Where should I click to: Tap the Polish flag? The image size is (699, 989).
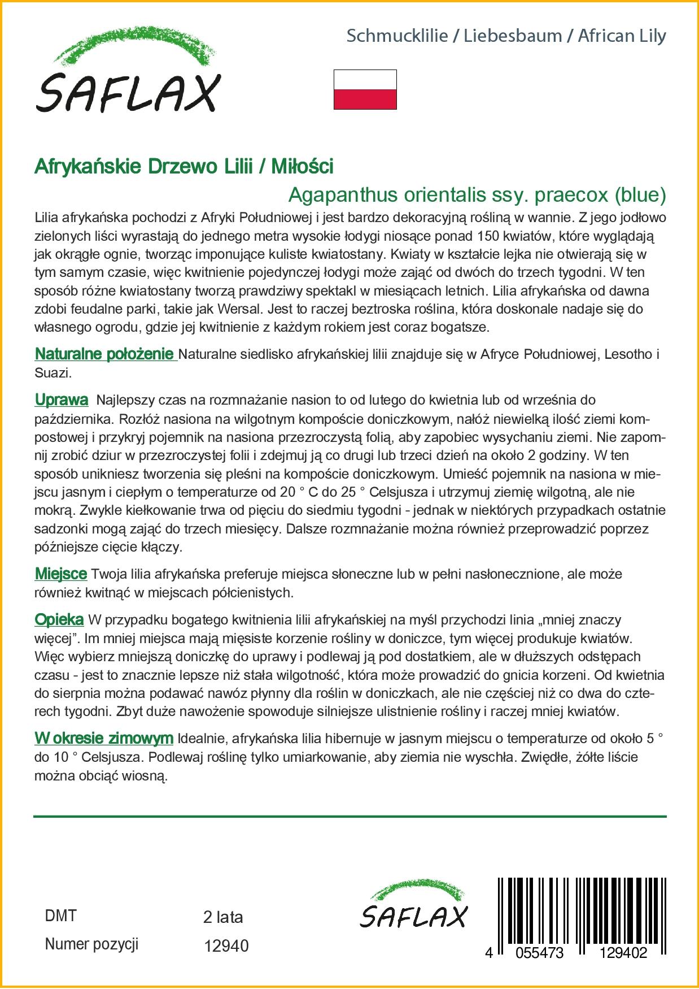click(365, 89)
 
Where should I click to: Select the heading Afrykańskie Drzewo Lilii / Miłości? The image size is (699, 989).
click(184, 166)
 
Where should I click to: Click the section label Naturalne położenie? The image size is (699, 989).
click(104, 354)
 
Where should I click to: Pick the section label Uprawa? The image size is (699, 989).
click(62, 400)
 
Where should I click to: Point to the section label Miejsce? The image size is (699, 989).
click(61, 574)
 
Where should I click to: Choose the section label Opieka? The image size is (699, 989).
click(59, 619)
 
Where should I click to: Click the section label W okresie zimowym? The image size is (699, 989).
click(104, 738)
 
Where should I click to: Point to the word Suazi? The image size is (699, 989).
click(51, 373)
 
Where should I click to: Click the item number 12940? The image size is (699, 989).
click(226, 945)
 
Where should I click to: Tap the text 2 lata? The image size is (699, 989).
click(223, 917)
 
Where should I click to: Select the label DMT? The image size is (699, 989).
click(60, 916)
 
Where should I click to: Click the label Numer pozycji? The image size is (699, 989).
click(91, 944)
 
